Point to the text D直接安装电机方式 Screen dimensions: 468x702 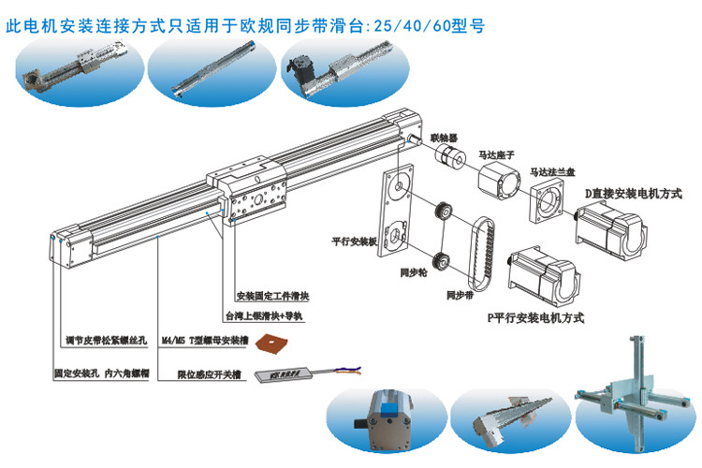click(x=634, y=193)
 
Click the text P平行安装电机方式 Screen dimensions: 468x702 click(x=536, y=318)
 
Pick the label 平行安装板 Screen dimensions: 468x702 click(x=354, y=239)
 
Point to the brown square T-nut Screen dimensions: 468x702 click(x=275, y=344)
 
